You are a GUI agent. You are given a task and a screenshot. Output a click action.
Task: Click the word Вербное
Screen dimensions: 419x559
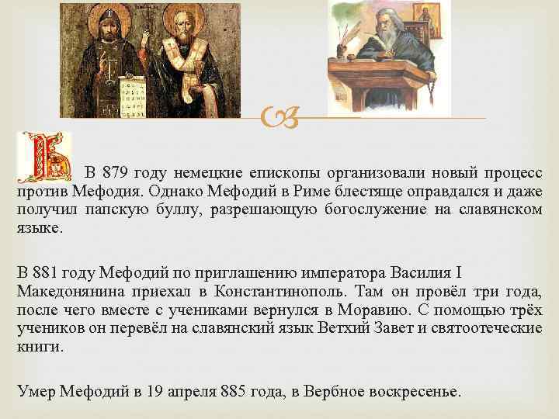pyautogui.click(x=355, y=392)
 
